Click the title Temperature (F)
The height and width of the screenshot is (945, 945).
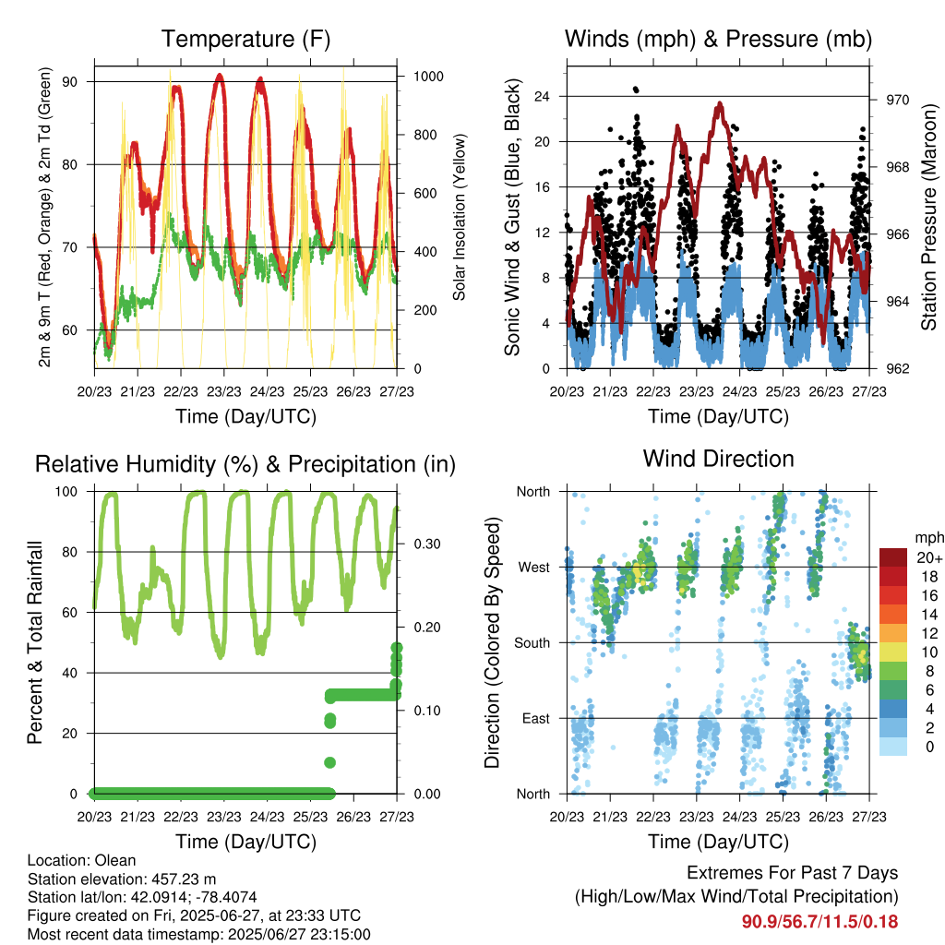pos(245,39)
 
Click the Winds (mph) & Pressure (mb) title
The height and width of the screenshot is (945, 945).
pos(718,39)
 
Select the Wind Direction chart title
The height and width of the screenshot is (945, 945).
pos(718,458)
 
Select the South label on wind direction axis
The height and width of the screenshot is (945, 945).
pos(532,642)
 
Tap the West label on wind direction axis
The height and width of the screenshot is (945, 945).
pos(534,567)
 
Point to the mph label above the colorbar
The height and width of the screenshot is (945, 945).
pos(927,537)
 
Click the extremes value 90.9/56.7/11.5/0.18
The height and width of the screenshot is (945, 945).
pos(819,921)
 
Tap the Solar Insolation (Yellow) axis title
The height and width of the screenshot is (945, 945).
pos(459,218)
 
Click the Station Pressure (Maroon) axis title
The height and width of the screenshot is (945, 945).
pos(929,218)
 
